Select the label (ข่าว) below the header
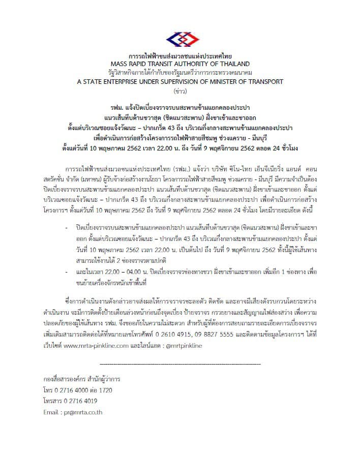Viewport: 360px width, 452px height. point(179,91)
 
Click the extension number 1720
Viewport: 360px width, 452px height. point(104,390)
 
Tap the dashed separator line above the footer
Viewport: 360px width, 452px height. point(179,365)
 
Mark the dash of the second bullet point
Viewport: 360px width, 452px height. point(67,272)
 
